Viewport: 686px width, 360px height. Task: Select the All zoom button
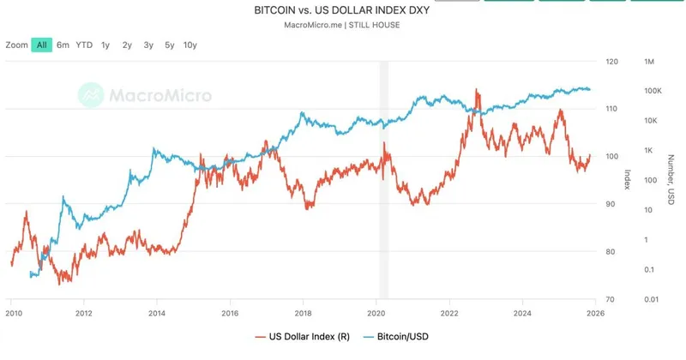pos(42,45)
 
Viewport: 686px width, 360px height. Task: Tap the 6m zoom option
pos(63,45)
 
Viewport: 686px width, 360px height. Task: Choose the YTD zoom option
pos(84,45)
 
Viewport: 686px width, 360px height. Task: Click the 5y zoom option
pos(169,45)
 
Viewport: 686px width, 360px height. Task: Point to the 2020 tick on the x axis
pos(378,315)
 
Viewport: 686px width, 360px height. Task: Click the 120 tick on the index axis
pos(611,62)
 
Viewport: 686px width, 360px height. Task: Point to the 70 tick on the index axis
pos(610,299)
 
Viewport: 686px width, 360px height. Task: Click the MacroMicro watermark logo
pos(145,94)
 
